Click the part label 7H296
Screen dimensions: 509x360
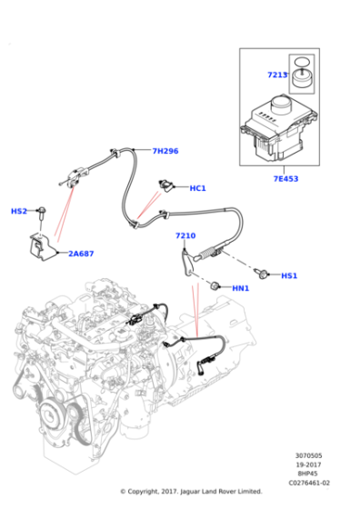click(x=165, y=151)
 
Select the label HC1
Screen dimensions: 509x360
click(x=197, y=188)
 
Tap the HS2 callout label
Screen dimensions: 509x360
click(x=19, y=211)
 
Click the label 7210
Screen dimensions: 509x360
click(x=185, y=235)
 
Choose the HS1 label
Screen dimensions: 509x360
click(x=289, y=275)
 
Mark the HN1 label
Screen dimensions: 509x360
click(x=240, y=288)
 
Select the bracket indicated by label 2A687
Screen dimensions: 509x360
click(x=40, y=246)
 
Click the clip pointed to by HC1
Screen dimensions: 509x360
click(x=166, y=187)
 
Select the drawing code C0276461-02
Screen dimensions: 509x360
click(x=309, y=482)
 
